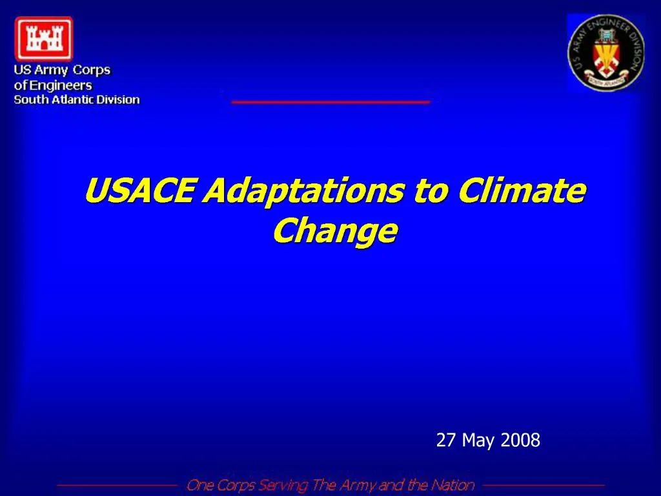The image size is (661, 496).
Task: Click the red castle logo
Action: tap(43, 39)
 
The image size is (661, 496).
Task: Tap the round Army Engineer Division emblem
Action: tap(605, 53)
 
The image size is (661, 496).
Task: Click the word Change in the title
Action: tap(334, 231)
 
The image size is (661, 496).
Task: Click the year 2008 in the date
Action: tap(520, 440)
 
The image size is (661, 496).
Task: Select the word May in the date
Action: tap(478, 440)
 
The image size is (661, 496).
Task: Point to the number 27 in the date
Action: tap(445, 440)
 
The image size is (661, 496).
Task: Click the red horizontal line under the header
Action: tap(330, 102)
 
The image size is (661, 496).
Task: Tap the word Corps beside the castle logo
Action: tap(91, 70)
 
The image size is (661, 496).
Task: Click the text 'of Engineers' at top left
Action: tap(53, 85)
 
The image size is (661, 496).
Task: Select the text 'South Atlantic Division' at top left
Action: tap(77, 99)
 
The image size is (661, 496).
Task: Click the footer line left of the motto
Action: tap(117, 485)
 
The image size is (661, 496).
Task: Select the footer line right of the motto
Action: tap(544, 485)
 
